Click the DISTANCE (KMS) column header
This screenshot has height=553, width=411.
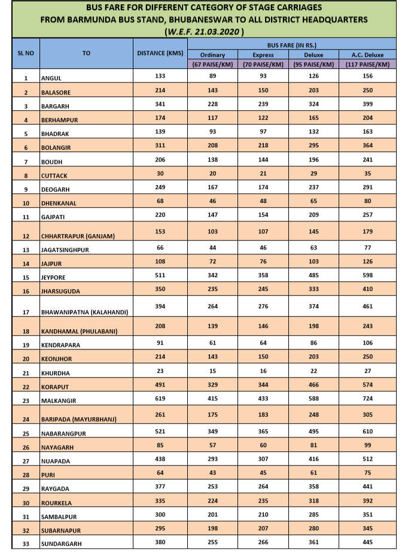point(160,53)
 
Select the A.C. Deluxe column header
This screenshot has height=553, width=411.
point(367,54)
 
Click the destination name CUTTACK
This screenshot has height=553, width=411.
point(54,176)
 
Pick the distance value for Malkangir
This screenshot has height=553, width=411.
point(160,398)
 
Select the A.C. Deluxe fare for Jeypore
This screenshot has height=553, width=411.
point(367,275)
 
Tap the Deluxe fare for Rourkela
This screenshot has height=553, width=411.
point(314,500)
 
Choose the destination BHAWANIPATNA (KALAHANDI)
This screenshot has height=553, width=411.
point(84,312)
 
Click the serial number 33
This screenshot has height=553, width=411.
point(26,544)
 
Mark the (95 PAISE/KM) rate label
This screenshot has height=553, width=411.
point(314,64)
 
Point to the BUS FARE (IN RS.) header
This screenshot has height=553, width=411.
point(291,45)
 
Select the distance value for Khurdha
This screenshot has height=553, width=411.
point(160,372)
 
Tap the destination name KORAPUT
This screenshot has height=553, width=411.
point(55,387)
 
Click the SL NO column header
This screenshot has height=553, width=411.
point(26,53)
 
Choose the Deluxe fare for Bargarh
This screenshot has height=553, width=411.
point(314,105)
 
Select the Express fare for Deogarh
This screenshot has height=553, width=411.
point(263,188)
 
